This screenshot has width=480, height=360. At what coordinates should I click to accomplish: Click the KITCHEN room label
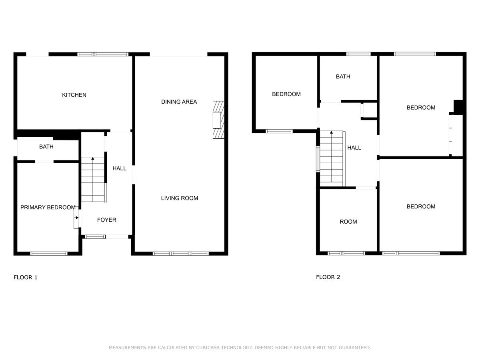coord(74,95)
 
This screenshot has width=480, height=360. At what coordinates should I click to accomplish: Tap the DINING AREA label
coord(179,102)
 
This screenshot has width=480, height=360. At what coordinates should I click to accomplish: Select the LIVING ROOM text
coord(179,198)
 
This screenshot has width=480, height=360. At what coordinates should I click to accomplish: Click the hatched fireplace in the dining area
coord(218,120)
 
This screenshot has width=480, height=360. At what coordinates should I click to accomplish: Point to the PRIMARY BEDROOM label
coord(48,207)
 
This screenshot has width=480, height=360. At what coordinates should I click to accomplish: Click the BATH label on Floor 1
coord(46,147)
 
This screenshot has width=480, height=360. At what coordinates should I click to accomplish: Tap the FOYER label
coord(107,220)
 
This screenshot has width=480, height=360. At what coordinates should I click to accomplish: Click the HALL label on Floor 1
coord(119,168)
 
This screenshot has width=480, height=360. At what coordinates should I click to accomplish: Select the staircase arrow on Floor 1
coord(93,159)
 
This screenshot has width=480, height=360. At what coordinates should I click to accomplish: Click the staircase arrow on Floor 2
coord(331,132)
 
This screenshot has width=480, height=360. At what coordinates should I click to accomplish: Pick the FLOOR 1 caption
coord(26,277)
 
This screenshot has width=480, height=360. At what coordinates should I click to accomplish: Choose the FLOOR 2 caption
coord(328,277)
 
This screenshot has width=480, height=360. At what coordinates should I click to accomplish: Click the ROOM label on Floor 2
coord(348,222)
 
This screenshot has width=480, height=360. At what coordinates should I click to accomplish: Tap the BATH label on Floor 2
coord(343,76)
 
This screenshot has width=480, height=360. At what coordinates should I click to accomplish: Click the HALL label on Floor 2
coord(354,148)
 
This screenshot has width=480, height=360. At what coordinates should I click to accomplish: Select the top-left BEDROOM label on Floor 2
coord(286,94)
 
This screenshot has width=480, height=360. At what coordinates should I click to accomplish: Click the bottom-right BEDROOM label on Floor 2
coord(421,206)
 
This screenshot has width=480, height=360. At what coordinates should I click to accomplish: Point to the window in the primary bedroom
coord(49,253)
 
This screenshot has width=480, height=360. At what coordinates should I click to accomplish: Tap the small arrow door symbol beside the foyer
coord(76,218)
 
